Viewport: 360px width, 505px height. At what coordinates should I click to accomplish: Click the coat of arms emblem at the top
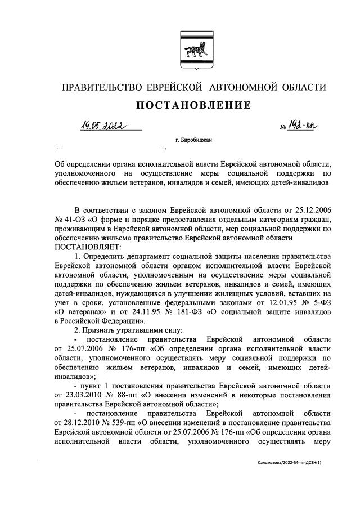click(193, 50)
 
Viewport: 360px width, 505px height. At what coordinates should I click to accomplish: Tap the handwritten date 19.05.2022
click(102, 126)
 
